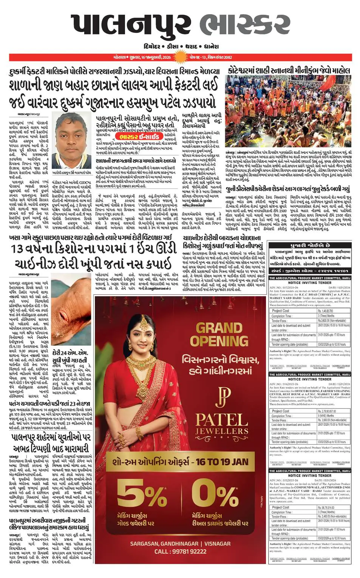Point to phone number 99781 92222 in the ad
(180, 552)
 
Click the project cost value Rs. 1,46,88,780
(326, 311)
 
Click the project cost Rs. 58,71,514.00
(326, 508)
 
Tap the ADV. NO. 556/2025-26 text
(284, 384)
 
